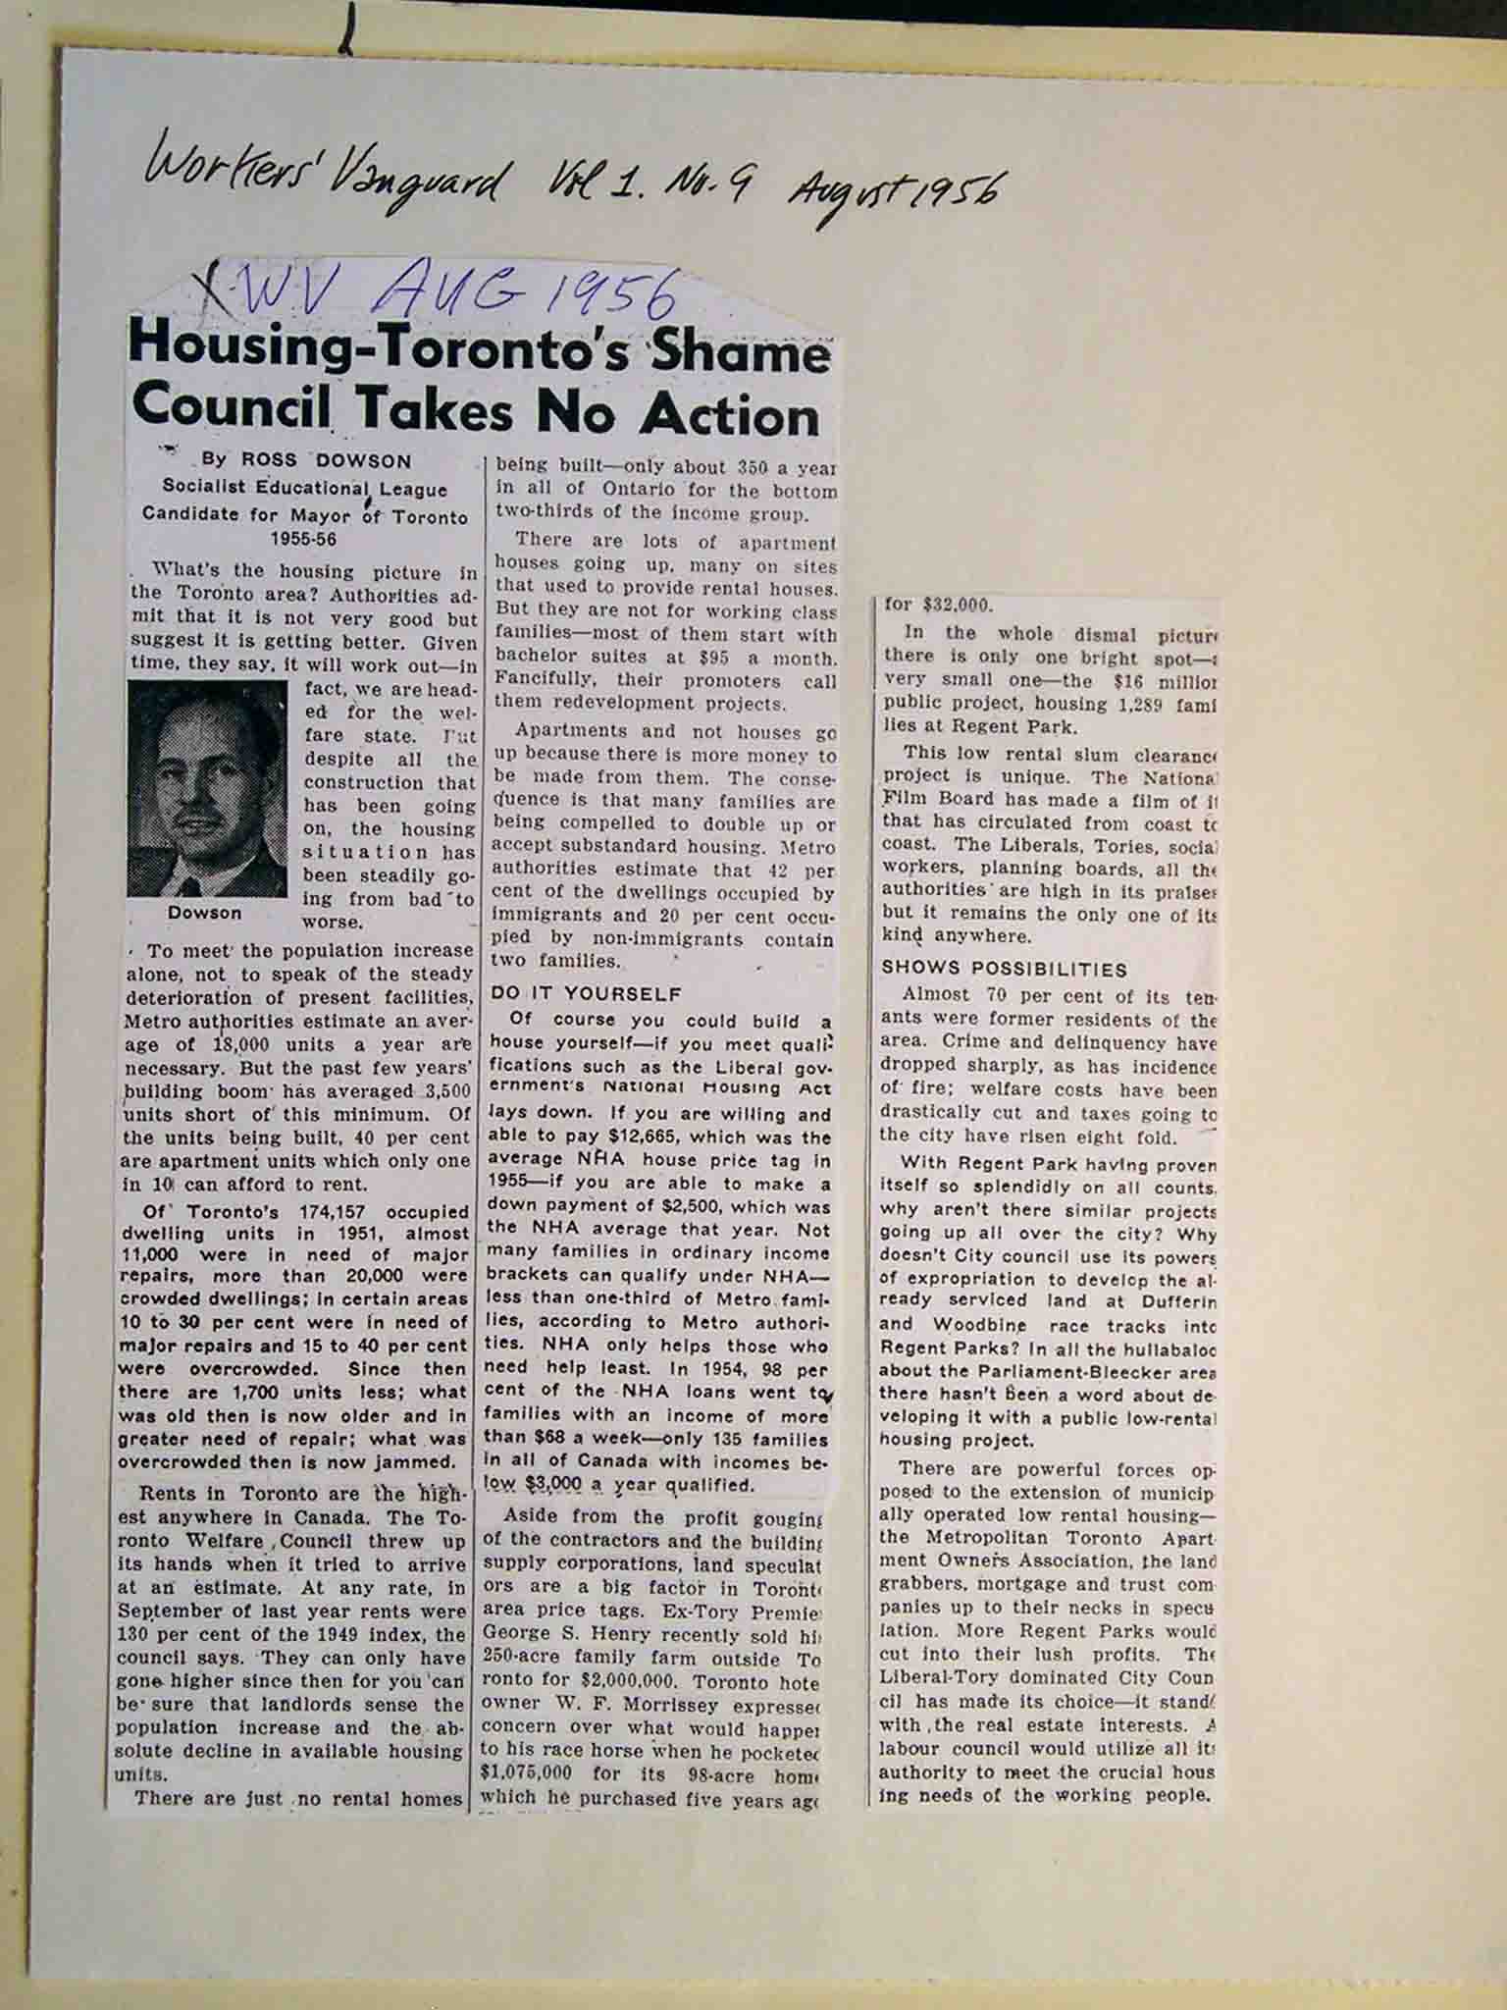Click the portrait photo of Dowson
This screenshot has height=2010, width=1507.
tap(208, 789)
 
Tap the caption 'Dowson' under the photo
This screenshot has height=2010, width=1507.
tap(204, 913)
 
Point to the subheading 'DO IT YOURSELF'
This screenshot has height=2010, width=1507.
tap(586, 993)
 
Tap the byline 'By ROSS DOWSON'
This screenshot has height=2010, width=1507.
tap(307, 460)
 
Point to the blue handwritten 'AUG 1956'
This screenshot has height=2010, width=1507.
tap(529, 290)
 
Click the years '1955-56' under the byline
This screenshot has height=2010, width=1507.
tap(304, 538)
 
